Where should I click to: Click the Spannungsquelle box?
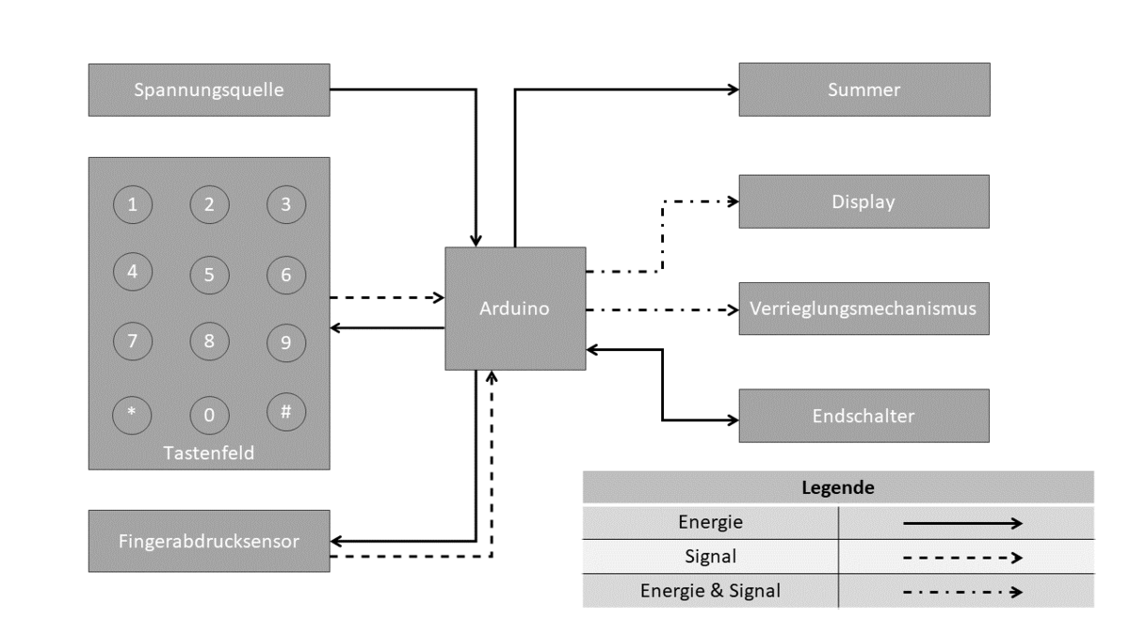(x=209, y=90)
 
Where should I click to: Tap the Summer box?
(x=864, y=90)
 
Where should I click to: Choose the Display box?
(x=864, y=201)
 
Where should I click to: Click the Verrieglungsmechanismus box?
(x=864, y=309)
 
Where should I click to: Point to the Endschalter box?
(x=864, y=415)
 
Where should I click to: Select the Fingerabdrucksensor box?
(x=209, y=541)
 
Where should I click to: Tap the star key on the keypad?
(x=132, y=414)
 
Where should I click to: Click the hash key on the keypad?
(x=286, y=410)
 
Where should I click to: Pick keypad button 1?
(x=132, y=205)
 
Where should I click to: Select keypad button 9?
(x=286, y=342)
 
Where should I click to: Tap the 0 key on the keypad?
(x=209, y=414)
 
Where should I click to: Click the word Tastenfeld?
(x=209, y=453)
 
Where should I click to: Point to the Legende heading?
(x=838, y=488)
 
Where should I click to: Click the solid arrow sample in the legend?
(x=962, y=522)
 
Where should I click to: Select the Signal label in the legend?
(x=710, y=556)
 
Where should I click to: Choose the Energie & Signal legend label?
(x=710, y=591)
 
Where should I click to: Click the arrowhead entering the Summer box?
(x=732, y=90)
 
